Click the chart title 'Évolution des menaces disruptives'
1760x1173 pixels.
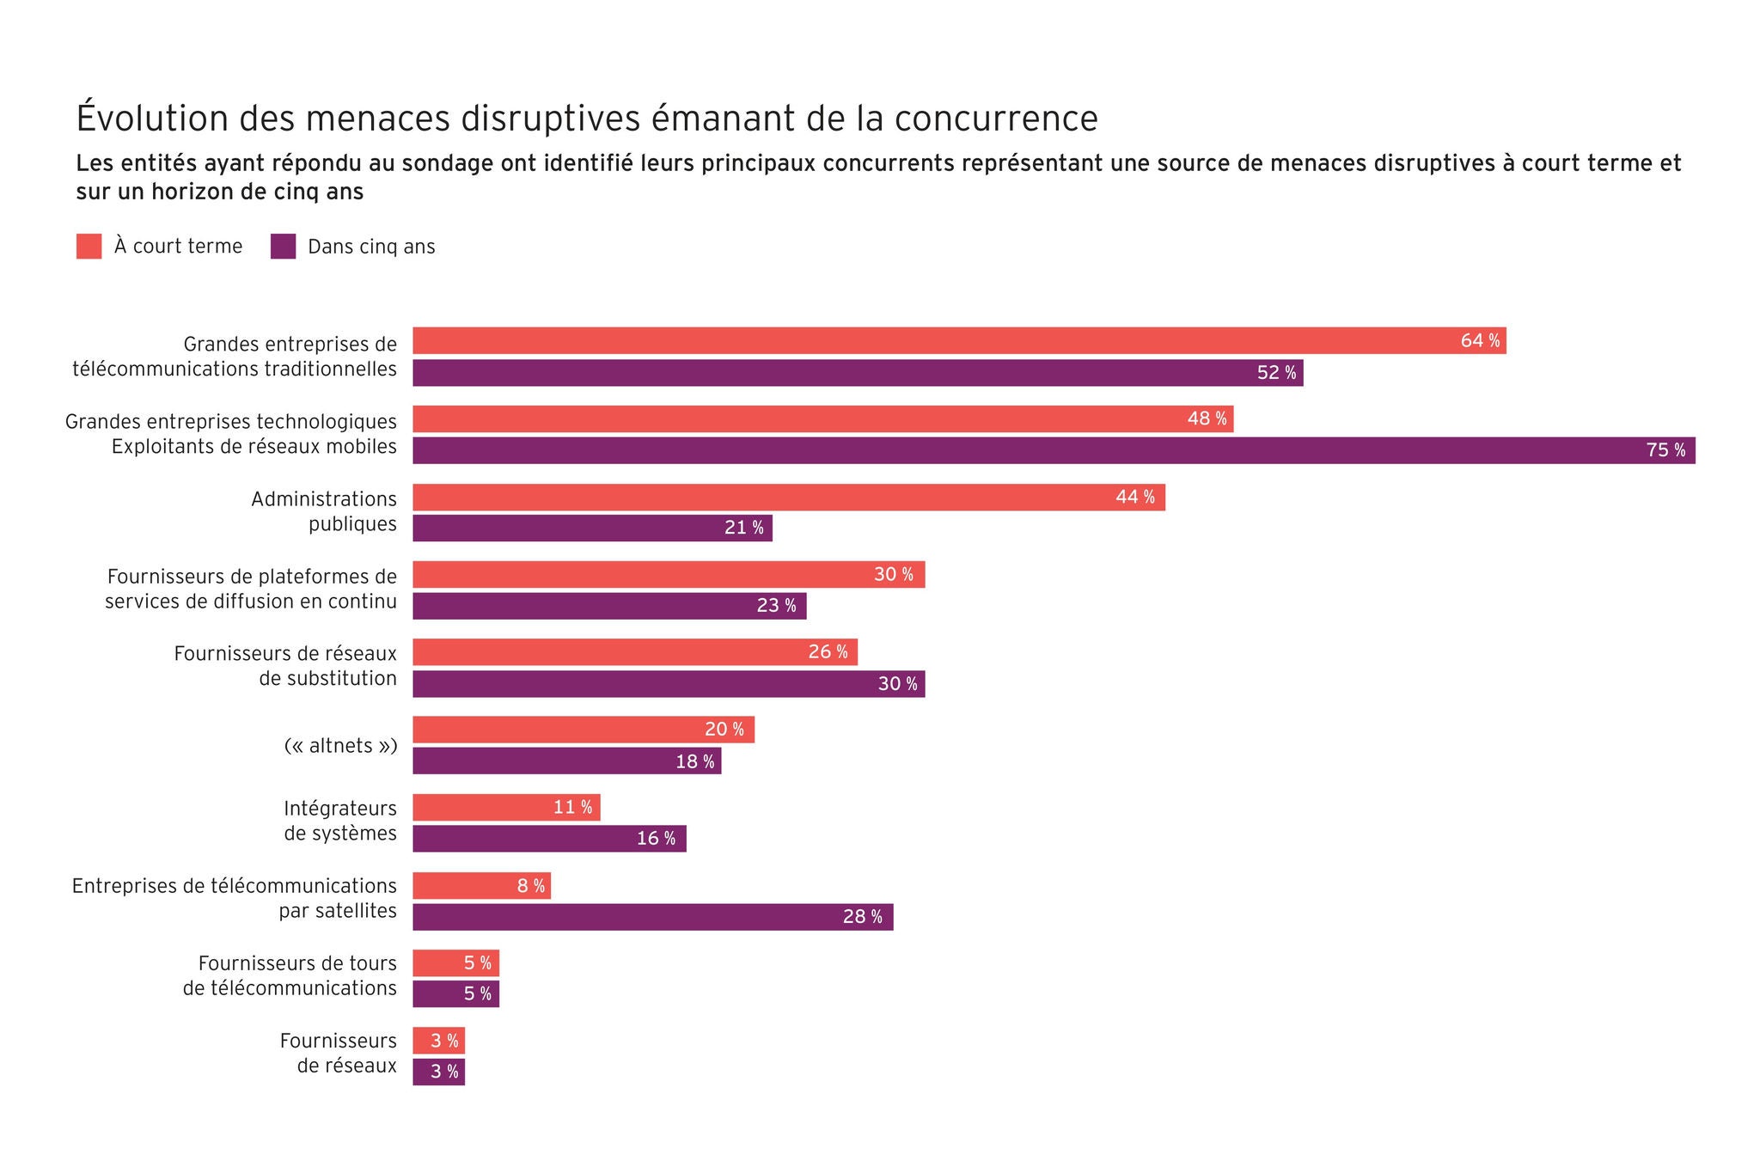(587, 119)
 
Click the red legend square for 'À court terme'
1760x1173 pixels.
(89, 247)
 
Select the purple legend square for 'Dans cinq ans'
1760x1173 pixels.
(283, 247)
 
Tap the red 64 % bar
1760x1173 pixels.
(958, 341)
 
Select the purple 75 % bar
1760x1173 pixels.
(1053, 450)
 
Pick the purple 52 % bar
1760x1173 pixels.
(857, 373)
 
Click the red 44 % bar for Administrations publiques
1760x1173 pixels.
(788, 498)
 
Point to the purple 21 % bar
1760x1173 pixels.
(592, 528)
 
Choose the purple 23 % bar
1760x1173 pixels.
(609, 606)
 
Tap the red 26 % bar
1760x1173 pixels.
(634, 652)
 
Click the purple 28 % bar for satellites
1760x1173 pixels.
(652, 917)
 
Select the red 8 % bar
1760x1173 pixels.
(481, 886)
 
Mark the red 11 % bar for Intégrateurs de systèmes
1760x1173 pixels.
(506, 808)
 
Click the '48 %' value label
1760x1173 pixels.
(1207, 419)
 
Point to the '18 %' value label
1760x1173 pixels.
(694, 761)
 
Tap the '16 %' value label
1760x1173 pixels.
(656, 839)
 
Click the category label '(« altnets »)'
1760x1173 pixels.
(340, 746)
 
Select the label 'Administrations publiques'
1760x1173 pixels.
(324, 511)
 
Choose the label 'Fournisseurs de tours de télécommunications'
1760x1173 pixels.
(290, 975)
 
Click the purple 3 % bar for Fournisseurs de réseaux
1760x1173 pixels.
(438, 1072)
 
